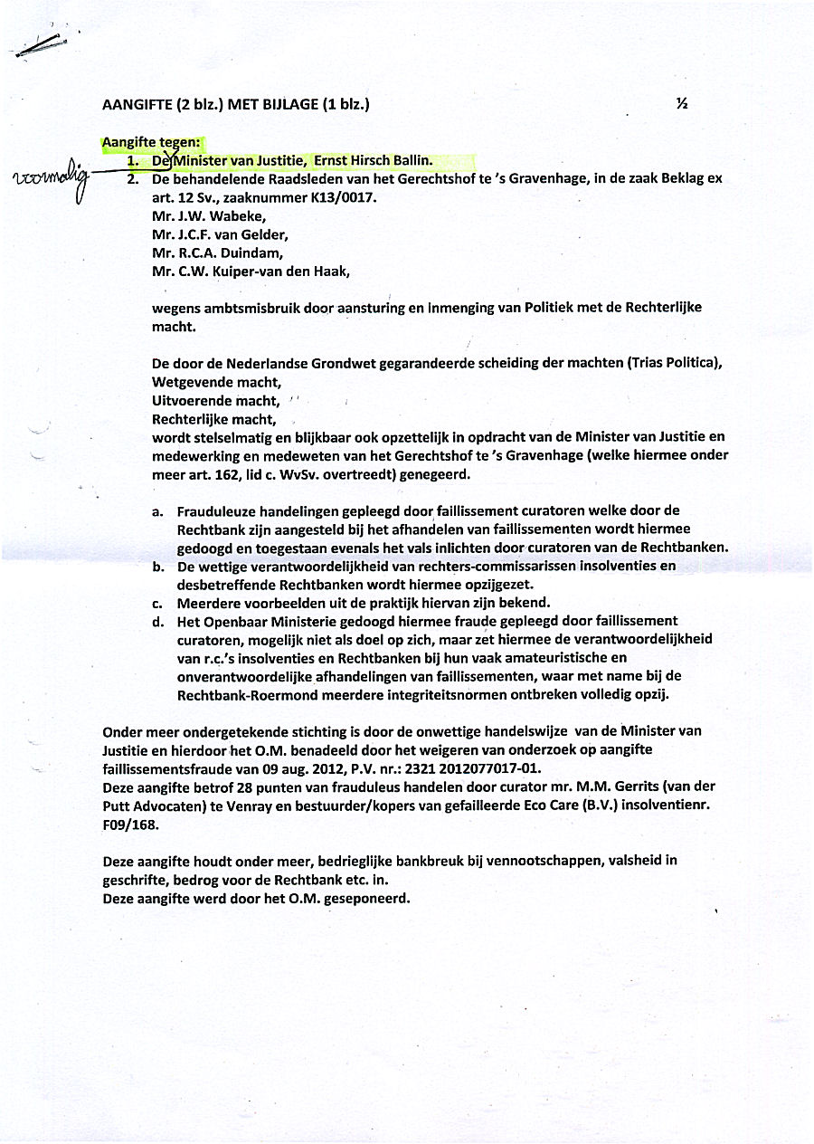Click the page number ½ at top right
tap(682, 104)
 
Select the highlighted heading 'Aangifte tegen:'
tap(152, 142)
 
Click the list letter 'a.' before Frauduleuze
tap(158, 512)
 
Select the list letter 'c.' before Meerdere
tap(158, 603)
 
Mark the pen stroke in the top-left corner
tap(40, 47)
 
